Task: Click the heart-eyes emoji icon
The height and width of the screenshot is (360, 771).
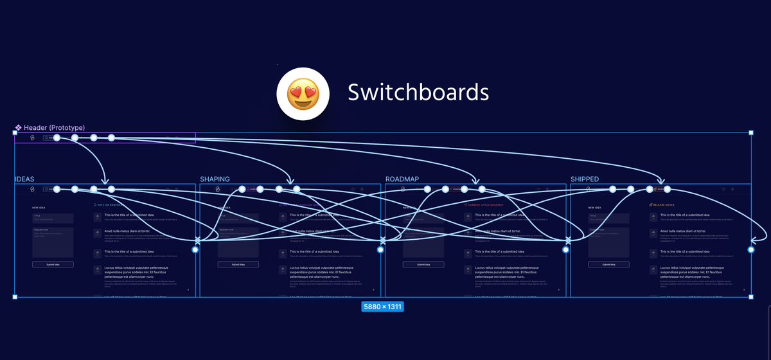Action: [x=303, y=93]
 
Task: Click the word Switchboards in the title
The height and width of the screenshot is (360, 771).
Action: [x=418, y=93]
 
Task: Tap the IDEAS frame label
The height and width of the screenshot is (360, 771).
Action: [x=25, y=179]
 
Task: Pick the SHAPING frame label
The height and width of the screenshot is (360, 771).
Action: [x=215, y=179]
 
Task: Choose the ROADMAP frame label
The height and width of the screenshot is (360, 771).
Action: [x=402, y=179]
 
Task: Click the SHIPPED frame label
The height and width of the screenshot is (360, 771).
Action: [x=585, y=179]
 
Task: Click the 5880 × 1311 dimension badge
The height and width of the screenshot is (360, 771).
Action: [x=382, y=307]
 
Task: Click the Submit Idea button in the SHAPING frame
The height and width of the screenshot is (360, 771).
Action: [x=238, y=264]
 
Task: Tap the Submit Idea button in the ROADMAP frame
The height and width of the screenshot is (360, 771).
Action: [x=423, y=264]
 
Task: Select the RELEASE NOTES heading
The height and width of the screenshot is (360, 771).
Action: [x=666, y=205]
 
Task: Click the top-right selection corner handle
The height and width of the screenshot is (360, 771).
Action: [x=751, y=132]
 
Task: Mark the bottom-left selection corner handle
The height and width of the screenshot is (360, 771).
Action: [x=15, y=296]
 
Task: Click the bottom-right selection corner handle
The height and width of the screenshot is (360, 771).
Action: [x=751, y=296]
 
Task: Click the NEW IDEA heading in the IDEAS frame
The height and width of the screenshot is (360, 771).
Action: [x=40, y=208]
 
